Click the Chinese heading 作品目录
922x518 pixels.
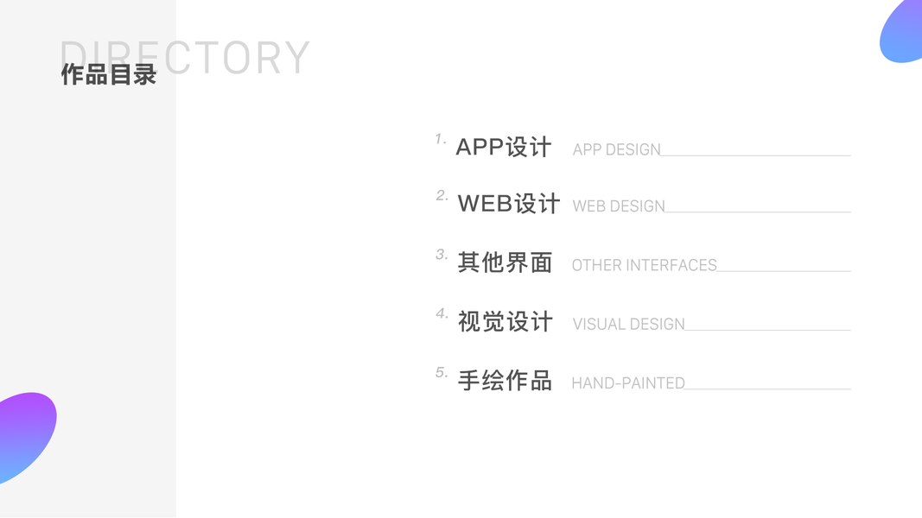click(x=108, y=75)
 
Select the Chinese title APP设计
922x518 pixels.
click(x=503, y=148)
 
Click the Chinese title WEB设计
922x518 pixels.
click(x=509, y=204)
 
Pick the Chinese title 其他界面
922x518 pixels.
click(x=505, y=262)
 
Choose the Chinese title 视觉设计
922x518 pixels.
click(x=505, y=322)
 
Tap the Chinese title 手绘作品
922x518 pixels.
click(x=505, y=381)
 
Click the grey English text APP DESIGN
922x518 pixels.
click(x=616, y=150)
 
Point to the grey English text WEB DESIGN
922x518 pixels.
click(x=619, y=207)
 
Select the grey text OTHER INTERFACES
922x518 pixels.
click(x=644, y=266)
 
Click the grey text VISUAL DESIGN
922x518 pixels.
click(x=628, y=325)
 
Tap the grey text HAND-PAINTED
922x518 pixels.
click(x=627, y=383)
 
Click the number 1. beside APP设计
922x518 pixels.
click(x=441, y=139)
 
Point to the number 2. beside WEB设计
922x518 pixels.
click(x=442, y=196)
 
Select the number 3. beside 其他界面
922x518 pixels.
click(x=442, y=255)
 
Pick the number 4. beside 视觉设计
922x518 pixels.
click(x=442, y=313)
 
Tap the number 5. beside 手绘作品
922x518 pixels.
click(x=442, y=373)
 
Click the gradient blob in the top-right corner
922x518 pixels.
click(x=904, y=33)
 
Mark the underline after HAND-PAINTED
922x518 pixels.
click(x=767, y=388)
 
